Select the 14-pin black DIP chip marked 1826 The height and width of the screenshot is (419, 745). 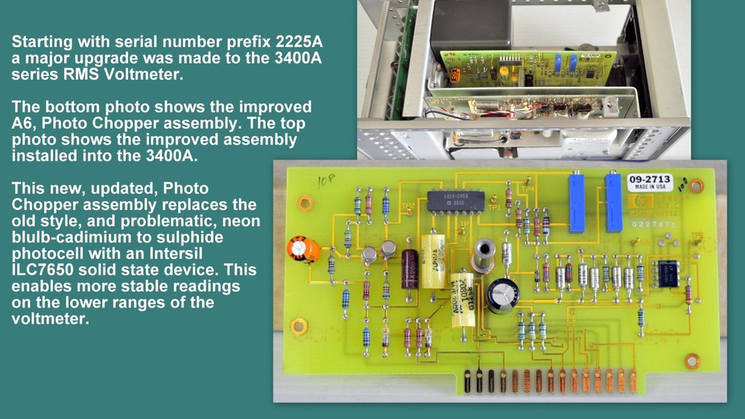(x=455, y=200)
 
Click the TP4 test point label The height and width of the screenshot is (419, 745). (x=530, y=189)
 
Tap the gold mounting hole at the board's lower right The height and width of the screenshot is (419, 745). (x=692, y=361)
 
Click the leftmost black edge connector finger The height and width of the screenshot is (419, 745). (x=467, y=380)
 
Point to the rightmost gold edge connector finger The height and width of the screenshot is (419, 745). (x=633, y=380)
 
